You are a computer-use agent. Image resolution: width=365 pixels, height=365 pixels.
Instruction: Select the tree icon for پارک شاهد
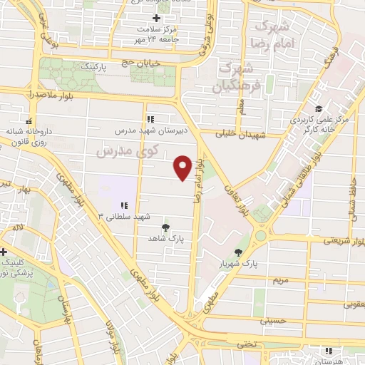(165, 227)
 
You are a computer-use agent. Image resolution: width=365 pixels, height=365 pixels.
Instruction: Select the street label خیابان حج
(143, 63)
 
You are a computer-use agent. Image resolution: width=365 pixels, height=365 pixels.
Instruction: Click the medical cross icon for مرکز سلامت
(156, 18)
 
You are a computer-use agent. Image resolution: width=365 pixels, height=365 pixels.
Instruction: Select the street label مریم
(280, 280)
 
